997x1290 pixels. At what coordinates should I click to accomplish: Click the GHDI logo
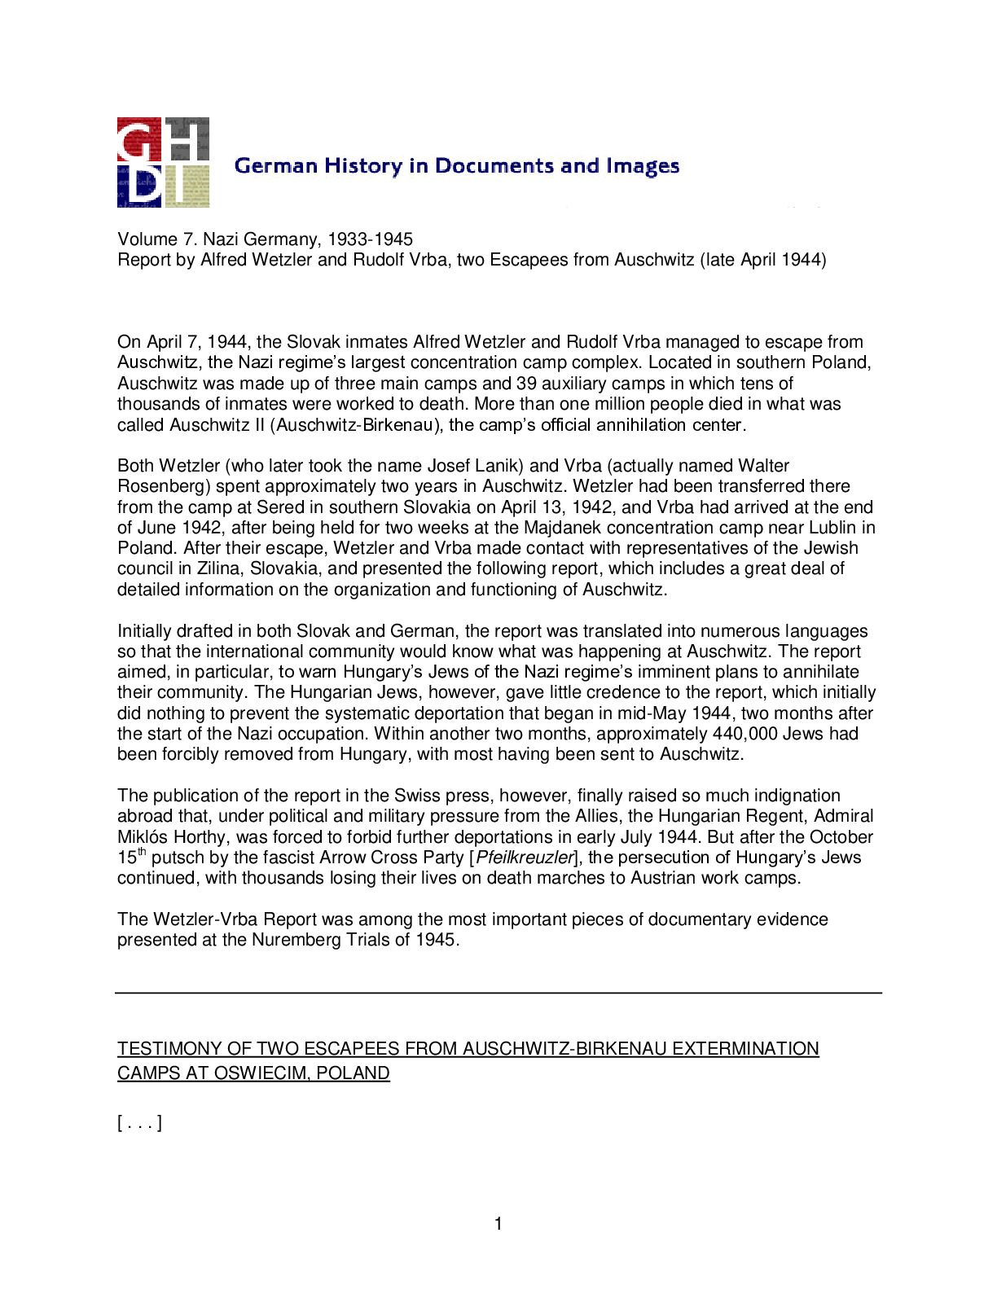tap(163, 162)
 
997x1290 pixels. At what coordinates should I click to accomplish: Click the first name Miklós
tap(142, 837)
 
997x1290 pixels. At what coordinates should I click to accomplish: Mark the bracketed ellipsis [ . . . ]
tap(139, 1124)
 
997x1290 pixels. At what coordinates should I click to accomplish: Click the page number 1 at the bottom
tap(498, 1223)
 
